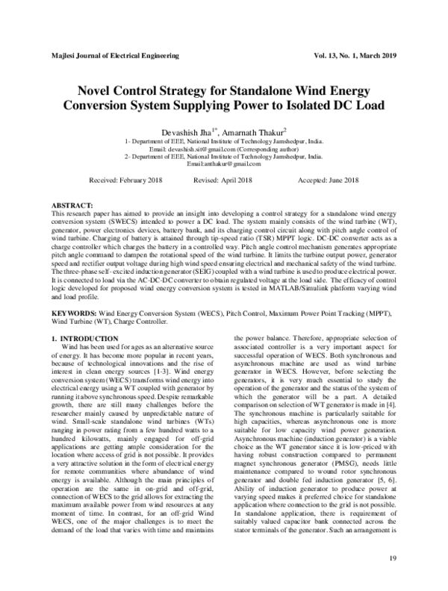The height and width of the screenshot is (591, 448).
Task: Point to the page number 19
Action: click(x=393, y=560)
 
